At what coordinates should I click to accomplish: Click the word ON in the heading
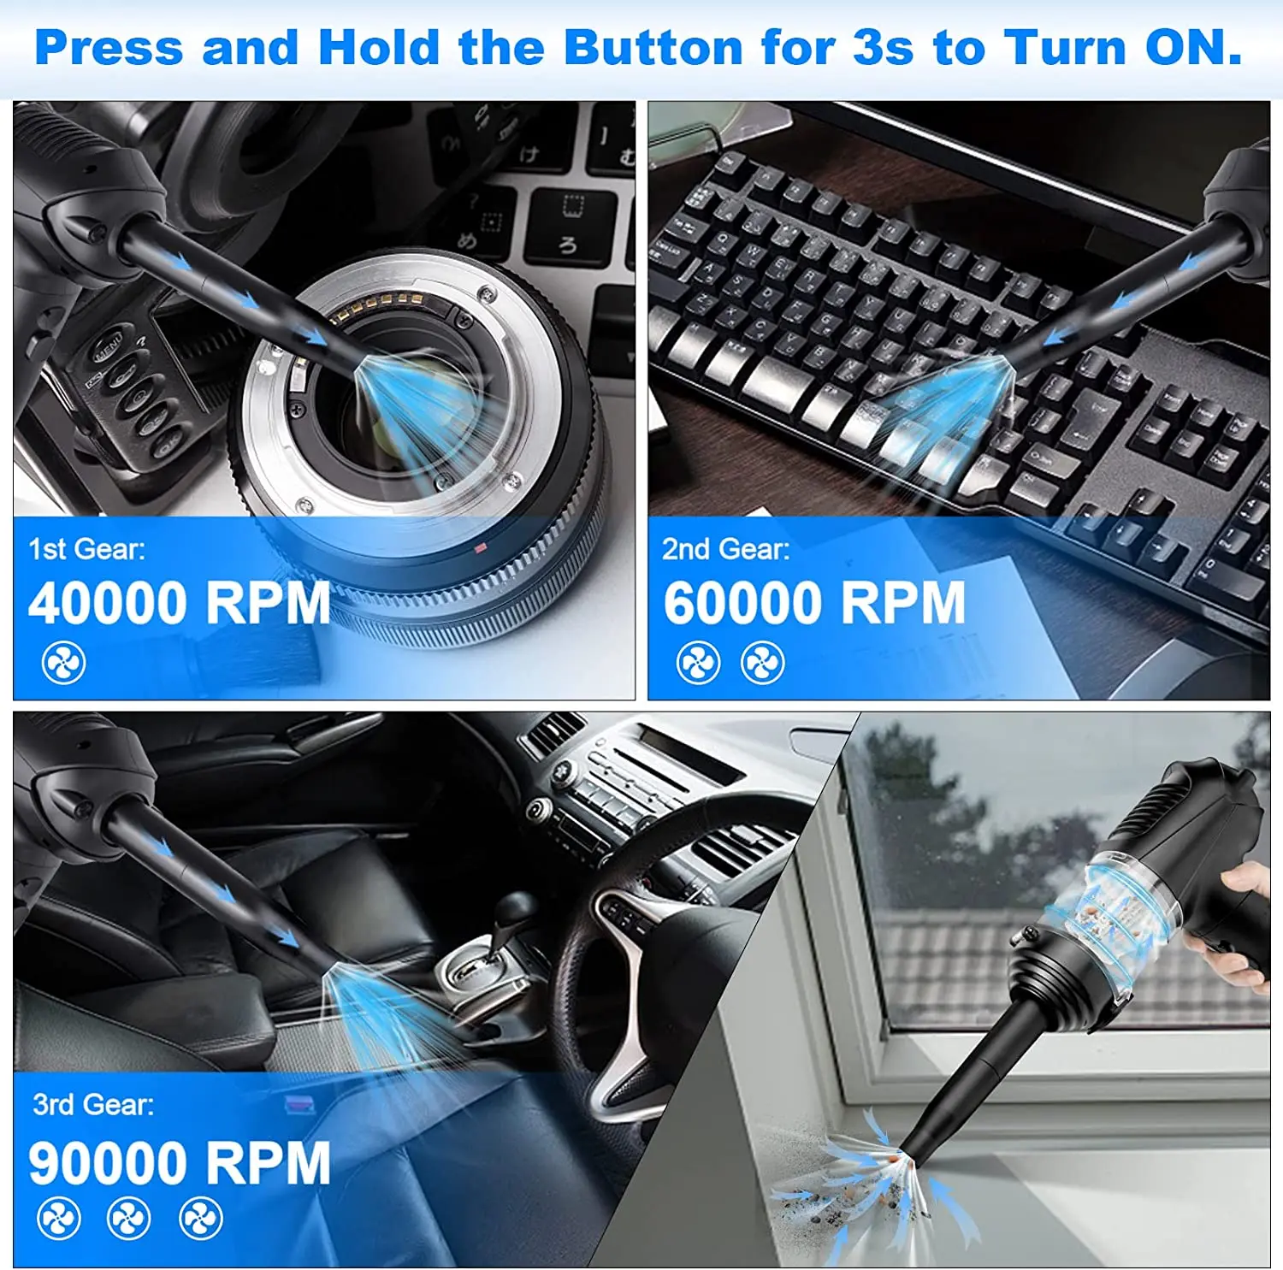pyautogui.click(x=1193, y=47)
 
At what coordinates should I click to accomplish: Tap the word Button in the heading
pyautogui.click(x=653, y=47)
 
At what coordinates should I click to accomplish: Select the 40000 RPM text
pyautogui.click(x=179, y=603)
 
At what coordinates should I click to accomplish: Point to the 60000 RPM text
pyautogui.click(x=814, y=603)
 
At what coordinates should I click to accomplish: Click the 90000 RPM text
pyautogui.click(x=179, y=1163)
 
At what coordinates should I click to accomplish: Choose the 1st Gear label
pyautogui.click(x=86, y=549)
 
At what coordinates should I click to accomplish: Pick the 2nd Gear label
pyautogui.click(x=725, y=549)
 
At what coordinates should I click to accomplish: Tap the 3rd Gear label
pyautogui.click(x=93, y=1104)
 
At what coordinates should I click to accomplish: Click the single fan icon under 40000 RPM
pyautogui.click(x=64, y=663)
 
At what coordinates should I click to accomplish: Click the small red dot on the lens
pyautogui.click(x=480, y=547)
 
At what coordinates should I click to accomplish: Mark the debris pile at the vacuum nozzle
pyautogui.click(x=864, y=1189)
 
